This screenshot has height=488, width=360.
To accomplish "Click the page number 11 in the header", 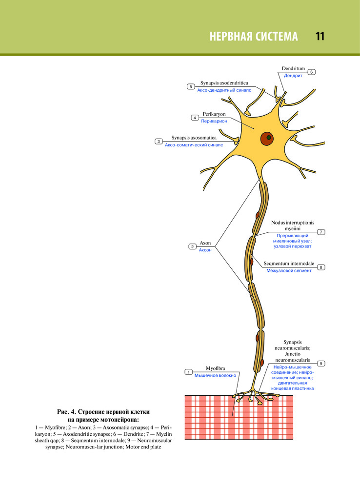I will coord(320,37).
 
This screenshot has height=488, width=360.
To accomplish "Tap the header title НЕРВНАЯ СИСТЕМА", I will coord(253,37).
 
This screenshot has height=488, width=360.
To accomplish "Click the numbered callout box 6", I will coord(312,72).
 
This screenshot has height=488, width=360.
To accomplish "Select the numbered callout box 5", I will coord(191,86).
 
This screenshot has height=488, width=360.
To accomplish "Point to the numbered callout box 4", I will coord(195,118).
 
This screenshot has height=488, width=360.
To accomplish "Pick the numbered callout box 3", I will coord(159,142).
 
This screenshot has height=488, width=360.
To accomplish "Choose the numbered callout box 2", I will coord(193,247).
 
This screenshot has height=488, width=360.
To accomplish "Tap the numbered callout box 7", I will coord(321,231).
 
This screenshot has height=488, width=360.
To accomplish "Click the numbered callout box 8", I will coord(321,267).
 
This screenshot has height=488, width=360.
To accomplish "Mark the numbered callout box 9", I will coord(321,364).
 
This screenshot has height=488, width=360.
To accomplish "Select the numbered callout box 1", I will coord(188,372).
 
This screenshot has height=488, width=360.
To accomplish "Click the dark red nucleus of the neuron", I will coord(267,138).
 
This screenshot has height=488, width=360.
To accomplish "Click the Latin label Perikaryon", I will coord(214,114).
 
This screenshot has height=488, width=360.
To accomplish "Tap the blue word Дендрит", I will coord(294,76).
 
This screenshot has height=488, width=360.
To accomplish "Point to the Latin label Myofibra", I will coord(215,368).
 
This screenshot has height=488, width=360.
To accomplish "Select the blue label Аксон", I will coord(205,250).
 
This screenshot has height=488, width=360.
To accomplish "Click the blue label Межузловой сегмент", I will coord(289,270).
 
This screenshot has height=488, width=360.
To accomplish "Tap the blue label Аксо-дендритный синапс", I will coord(224,90).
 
